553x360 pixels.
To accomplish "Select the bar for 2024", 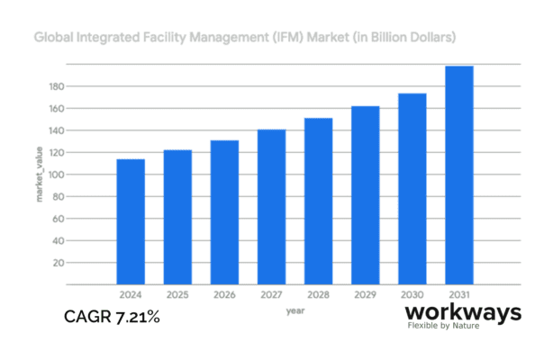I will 131,221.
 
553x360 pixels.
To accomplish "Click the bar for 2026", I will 224,212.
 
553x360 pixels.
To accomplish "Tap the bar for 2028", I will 318,202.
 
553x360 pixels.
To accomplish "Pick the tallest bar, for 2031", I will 458,175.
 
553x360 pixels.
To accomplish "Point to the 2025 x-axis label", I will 177,294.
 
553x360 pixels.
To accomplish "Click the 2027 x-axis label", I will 271,294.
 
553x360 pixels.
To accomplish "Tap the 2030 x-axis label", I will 412,294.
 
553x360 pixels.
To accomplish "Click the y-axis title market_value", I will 39,175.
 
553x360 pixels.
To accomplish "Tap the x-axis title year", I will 295,310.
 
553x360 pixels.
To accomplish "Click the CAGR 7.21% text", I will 113,317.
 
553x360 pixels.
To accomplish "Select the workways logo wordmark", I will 463,312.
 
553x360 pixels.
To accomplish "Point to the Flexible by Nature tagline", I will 443,325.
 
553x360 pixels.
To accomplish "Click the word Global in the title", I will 52,39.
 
